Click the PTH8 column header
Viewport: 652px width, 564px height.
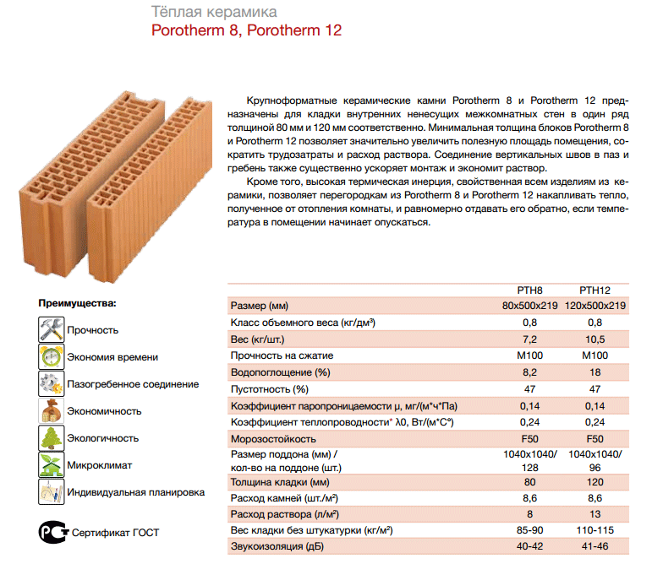[529, 290]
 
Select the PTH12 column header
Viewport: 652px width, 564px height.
[594, 290]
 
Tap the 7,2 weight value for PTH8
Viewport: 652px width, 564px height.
[529, 339]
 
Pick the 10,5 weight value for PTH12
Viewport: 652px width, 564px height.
[594, 339]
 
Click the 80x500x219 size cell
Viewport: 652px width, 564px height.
[529, 306]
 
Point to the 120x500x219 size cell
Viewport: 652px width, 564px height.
[595, 306]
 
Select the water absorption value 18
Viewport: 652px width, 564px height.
[594, 372]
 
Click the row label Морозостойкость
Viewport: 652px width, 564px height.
[273, 439]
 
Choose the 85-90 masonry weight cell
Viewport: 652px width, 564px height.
[529, 531]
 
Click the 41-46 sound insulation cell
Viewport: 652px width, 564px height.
[594, 548]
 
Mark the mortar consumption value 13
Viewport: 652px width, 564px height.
[594, 514]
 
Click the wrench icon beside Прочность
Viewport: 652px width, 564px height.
[52, 329]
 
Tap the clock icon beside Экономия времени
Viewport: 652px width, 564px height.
[52, 356]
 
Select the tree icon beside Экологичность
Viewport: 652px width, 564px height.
[52, 437]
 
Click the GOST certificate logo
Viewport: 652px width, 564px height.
[52, 532]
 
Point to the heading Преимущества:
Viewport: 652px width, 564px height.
[78, 302]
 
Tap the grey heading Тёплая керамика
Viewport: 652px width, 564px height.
[212, 13]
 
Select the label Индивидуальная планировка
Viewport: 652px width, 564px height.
[135, 491]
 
